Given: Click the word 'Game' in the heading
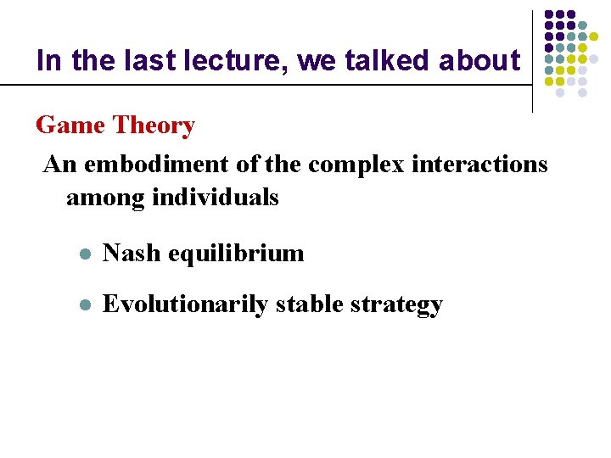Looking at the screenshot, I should coord(70,126).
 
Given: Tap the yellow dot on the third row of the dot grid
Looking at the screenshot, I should coord(594,36).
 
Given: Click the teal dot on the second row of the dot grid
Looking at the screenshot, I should coord(582,25).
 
